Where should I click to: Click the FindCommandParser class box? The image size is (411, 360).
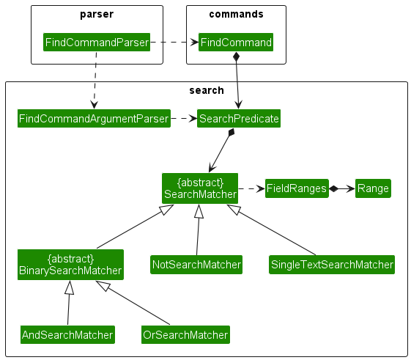(97, 43)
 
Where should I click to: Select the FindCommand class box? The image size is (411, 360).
(235, 43)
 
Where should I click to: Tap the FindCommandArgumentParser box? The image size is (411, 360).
(94, 118)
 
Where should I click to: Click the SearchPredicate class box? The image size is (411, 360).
(238, 118)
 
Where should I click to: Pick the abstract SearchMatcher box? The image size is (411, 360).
(200, 188)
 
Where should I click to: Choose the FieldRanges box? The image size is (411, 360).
(296, 188)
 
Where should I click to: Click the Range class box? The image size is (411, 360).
(373, 188)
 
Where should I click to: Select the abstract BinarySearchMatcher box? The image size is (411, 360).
(70, 265)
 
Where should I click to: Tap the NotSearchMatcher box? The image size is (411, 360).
(196, 264)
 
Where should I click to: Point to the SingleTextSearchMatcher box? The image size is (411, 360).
(332, 264)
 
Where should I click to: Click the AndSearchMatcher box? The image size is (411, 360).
(67, 335)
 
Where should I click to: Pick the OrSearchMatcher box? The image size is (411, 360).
(185, 335)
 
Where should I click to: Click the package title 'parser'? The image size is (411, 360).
(97, 15)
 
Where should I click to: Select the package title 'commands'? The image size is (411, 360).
(236, 15)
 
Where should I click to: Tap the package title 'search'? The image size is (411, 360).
(206, 90)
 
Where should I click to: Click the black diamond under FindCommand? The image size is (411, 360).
(236, 57)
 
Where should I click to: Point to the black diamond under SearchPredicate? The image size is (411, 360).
(232, 133)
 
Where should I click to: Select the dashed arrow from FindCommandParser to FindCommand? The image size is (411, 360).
(174, 43)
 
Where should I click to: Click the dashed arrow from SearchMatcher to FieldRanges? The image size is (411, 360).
(252, 188)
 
